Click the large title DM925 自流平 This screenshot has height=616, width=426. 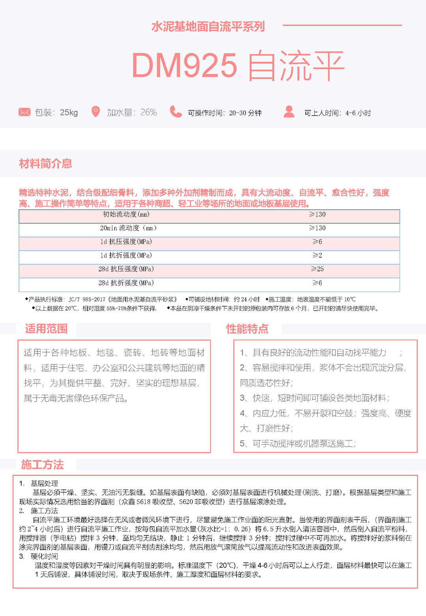pos(238,66)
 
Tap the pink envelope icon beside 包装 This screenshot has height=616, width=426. pos(24,112)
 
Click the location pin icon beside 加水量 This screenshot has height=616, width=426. pos(95,112)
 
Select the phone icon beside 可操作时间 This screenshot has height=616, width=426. pos(176,112)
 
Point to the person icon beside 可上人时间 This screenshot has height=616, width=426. pos(289,112)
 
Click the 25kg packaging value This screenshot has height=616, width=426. pos(69,113)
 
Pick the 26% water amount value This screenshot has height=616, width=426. pos(149,113)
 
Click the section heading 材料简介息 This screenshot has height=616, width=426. pos(45,163)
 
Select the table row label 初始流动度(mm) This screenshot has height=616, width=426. pos(126,214)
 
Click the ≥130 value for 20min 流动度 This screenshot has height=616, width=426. pos(318,228)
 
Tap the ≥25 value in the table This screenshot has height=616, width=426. pos(318,269)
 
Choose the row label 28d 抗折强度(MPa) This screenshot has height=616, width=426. pos(126,283)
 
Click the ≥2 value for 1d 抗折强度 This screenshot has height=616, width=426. pos(318,255)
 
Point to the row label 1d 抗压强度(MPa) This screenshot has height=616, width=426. pos(126,242)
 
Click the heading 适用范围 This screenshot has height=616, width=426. pos(46,329)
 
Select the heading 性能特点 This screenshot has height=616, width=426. pos(247,329)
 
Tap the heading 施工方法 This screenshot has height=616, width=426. pos(43,465)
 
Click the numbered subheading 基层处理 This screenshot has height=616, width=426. pos(44,483)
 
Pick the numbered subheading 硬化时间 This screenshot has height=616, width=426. pos(44,556)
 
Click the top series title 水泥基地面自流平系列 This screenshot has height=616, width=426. pos(208,27)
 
